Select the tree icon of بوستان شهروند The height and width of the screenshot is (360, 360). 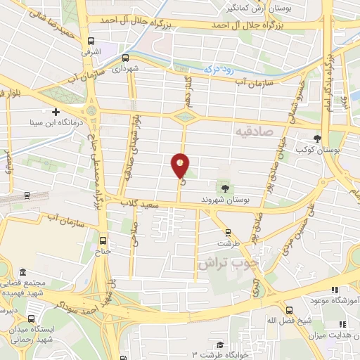[x=225, y=188]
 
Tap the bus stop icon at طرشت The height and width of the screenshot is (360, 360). [x=226, y=231]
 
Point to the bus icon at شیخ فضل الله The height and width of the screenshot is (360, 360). [x=288, y=309]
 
